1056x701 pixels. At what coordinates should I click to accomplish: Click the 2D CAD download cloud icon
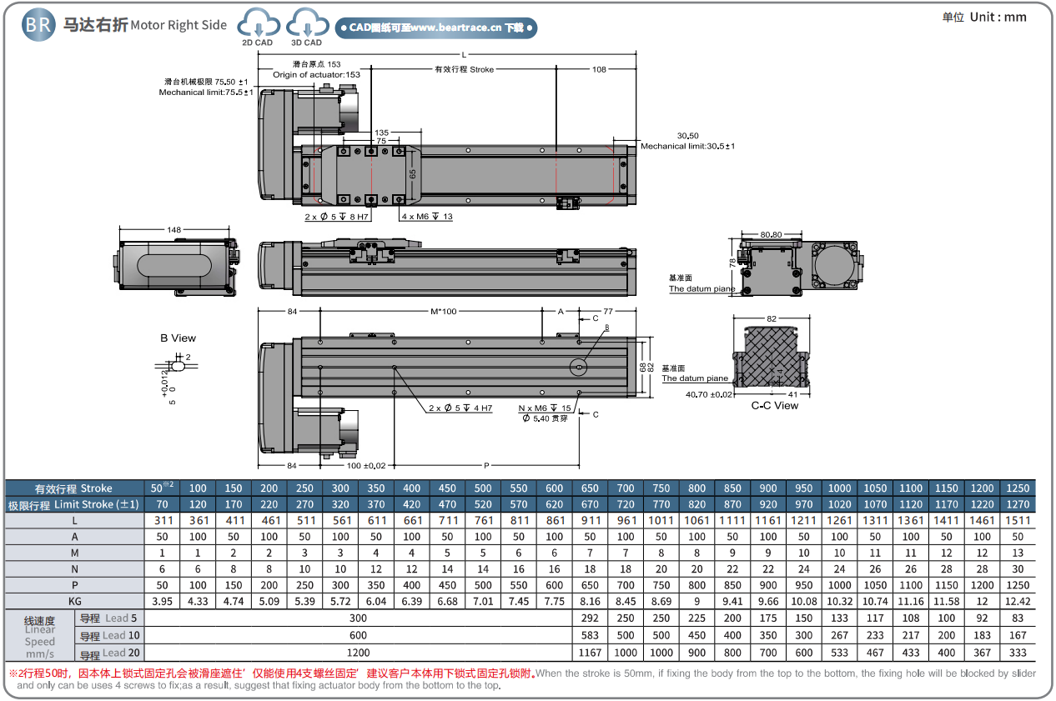click(257, 24)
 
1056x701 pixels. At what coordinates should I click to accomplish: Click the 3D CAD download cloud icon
click(306, 24)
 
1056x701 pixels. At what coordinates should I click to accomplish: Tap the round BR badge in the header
click(38, 25)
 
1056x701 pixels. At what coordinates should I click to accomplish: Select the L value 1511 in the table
click(1018, 520)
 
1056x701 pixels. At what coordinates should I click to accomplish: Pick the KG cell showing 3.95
click(162, 601)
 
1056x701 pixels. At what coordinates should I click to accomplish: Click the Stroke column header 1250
click(1018, 488)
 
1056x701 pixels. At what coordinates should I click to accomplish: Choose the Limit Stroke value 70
click(162, 504)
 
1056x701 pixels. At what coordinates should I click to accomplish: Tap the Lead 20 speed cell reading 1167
click(589, 653)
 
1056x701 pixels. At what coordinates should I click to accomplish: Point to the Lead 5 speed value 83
click(1018, 618)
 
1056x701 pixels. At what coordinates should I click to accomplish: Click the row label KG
click(75, 601)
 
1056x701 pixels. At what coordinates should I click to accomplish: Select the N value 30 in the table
click(1018, 568)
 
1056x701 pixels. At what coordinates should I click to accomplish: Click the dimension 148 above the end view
click(174, 230)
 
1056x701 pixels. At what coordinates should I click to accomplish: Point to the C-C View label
click(774, 406)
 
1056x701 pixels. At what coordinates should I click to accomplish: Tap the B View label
click(178, 338)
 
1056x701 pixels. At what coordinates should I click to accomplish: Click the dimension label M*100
click(443, 311)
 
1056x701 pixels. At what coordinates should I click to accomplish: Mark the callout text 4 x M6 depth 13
click(427, 217)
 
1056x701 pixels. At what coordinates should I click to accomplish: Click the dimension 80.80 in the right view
click(772, 235)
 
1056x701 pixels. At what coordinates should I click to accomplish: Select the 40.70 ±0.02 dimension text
click(709, 394)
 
